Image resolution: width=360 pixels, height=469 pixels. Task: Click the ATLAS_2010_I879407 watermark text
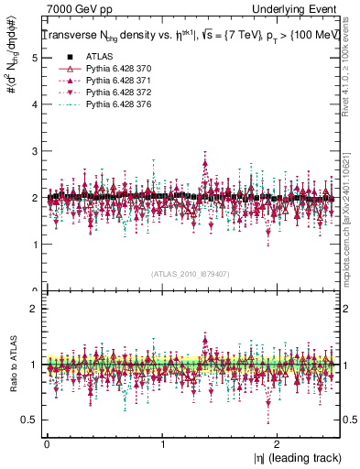(x=191, y=275)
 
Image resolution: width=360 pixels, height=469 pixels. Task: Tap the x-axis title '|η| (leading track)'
(x=293, y=457)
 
